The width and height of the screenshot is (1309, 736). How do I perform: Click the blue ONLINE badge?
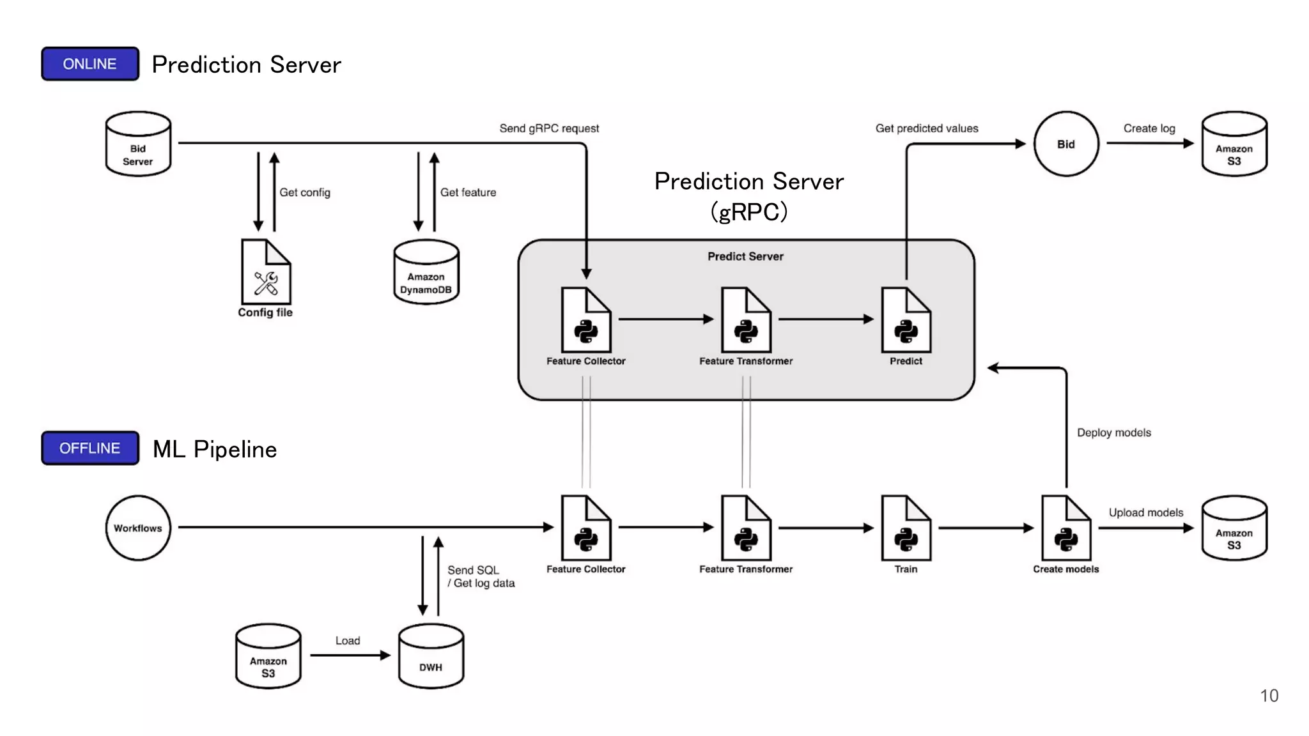click(x=90, y=64)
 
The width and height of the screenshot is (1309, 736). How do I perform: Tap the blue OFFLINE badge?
click(x=90, y=448)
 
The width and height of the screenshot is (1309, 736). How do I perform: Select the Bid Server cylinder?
click(x=138, y=144)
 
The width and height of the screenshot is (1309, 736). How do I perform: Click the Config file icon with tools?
click(x=266, y=273)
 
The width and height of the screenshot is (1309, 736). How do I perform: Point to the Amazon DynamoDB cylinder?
click(x=426, y=273)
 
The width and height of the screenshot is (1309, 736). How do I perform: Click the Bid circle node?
click(x=1065, y=144)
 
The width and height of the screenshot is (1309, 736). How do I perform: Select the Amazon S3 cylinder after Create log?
click(x=1234, y=144)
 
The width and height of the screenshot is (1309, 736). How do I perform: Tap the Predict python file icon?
click(x=906, y=321)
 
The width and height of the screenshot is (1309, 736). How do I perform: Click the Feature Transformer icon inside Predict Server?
click(x=746, y=321)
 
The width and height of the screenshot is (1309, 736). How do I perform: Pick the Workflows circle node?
click(x=138, y=528)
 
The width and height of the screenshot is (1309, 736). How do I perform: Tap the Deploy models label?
click(x=1113, y=433)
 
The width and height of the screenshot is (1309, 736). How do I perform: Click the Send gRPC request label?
click(x=549, y=128)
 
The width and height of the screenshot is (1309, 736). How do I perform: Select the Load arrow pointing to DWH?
click(x=350, y=655)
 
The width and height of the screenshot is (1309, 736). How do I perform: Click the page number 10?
click(x=1269, y=696)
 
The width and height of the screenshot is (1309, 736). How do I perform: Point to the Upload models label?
click(x=1145, y=512)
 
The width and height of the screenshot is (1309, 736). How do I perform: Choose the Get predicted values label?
click(x=926, y=128)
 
